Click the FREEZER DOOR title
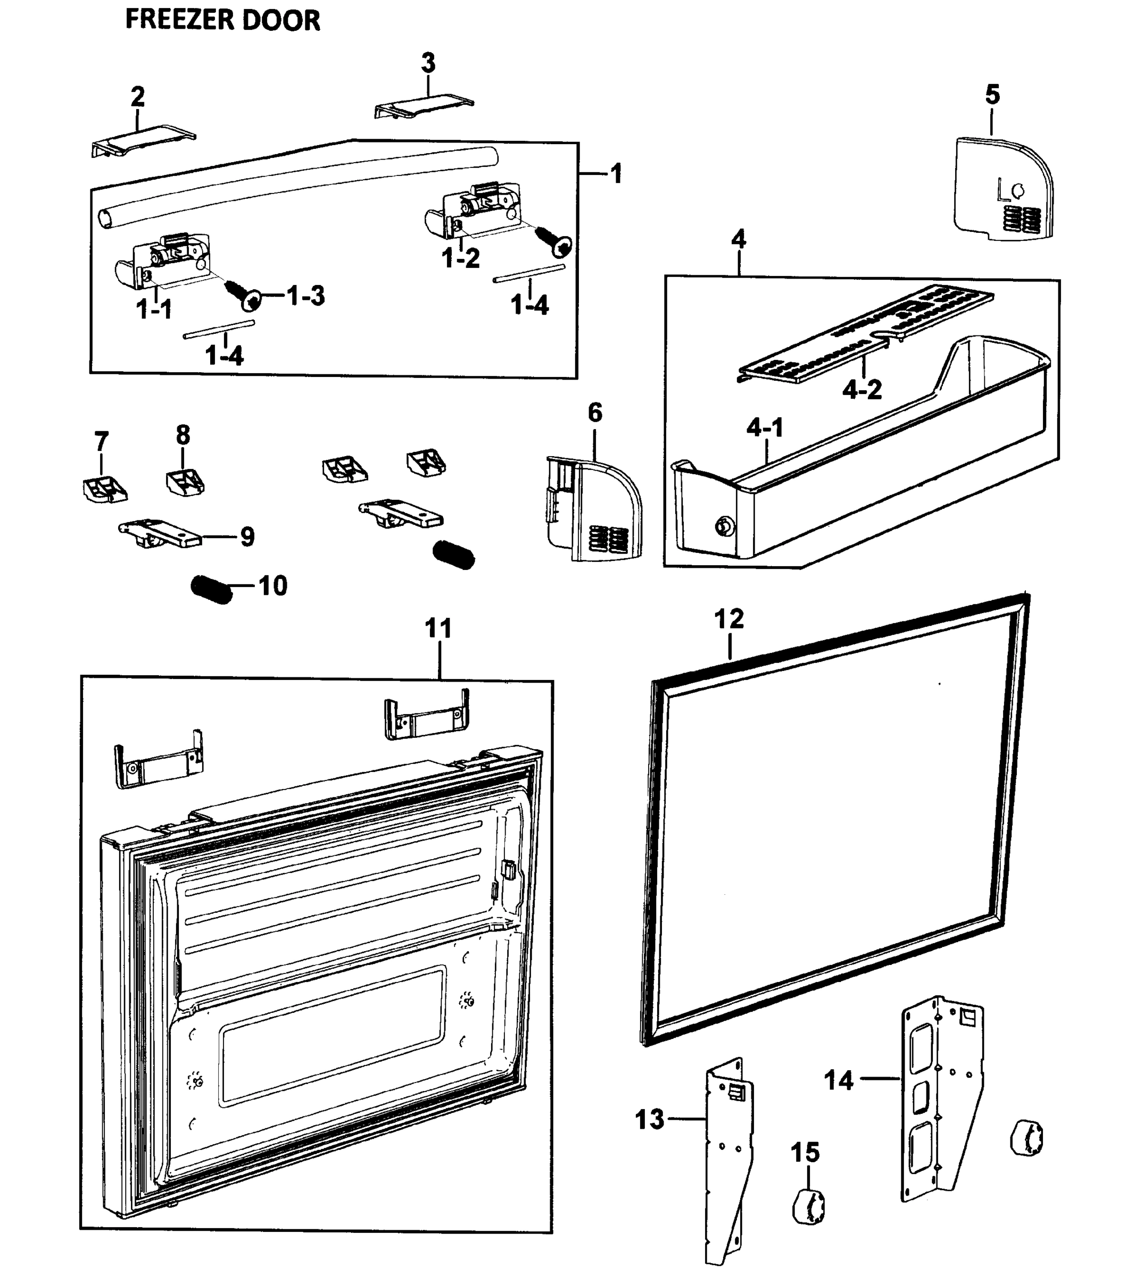click(222, 20)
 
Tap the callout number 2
click(137, 97)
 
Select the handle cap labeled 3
click(424, 107)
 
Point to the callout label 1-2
click(461, 258)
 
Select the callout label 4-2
click(862, 390)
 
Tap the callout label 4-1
click(765, 428)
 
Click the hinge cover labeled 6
click(593, 509)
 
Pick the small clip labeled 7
click(104, 489)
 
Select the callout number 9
click(247, 537)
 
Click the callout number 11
click(438, 628)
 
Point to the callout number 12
click(729, 619)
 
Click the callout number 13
click(650, 1119)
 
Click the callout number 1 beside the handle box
click(616, 173)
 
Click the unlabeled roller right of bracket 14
click(1026, 1137)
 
